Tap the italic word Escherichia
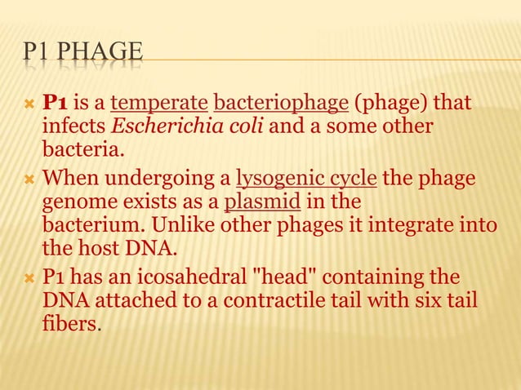(145, 128)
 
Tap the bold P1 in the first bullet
(55, 104)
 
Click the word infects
(69, 128)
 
